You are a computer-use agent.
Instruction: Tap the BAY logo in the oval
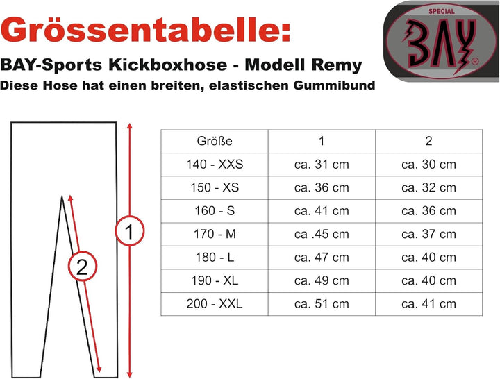[441, 42]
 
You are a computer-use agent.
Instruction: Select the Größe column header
[215, 141]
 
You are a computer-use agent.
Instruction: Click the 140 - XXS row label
[215, 164]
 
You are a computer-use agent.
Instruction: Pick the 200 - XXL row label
[215, 303]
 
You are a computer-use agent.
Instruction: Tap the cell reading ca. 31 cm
[322, 164]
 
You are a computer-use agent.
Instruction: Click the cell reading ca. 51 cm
[322, 303]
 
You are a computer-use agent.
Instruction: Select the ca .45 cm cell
[322, 234]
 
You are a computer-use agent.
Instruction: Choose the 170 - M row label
[215, 234]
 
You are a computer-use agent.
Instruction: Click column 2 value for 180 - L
[429, 258]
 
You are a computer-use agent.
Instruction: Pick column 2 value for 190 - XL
[429, 280]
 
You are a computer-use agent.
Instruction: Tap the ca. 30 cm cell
[429, 164]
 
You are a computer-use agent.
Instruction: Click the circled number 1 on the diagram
[130, 230]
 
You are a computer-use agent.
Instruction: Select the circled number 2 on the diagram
[82, 266]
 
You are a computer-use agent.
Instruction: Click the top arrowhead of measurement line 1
[129, 125]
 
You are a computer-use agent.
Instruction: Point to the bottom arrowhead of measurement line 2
[99, 370]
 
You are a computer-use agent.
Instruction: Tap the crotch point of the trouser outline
[62, 196]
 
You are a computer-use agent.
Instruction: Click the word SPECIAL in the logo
[442, 12]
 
